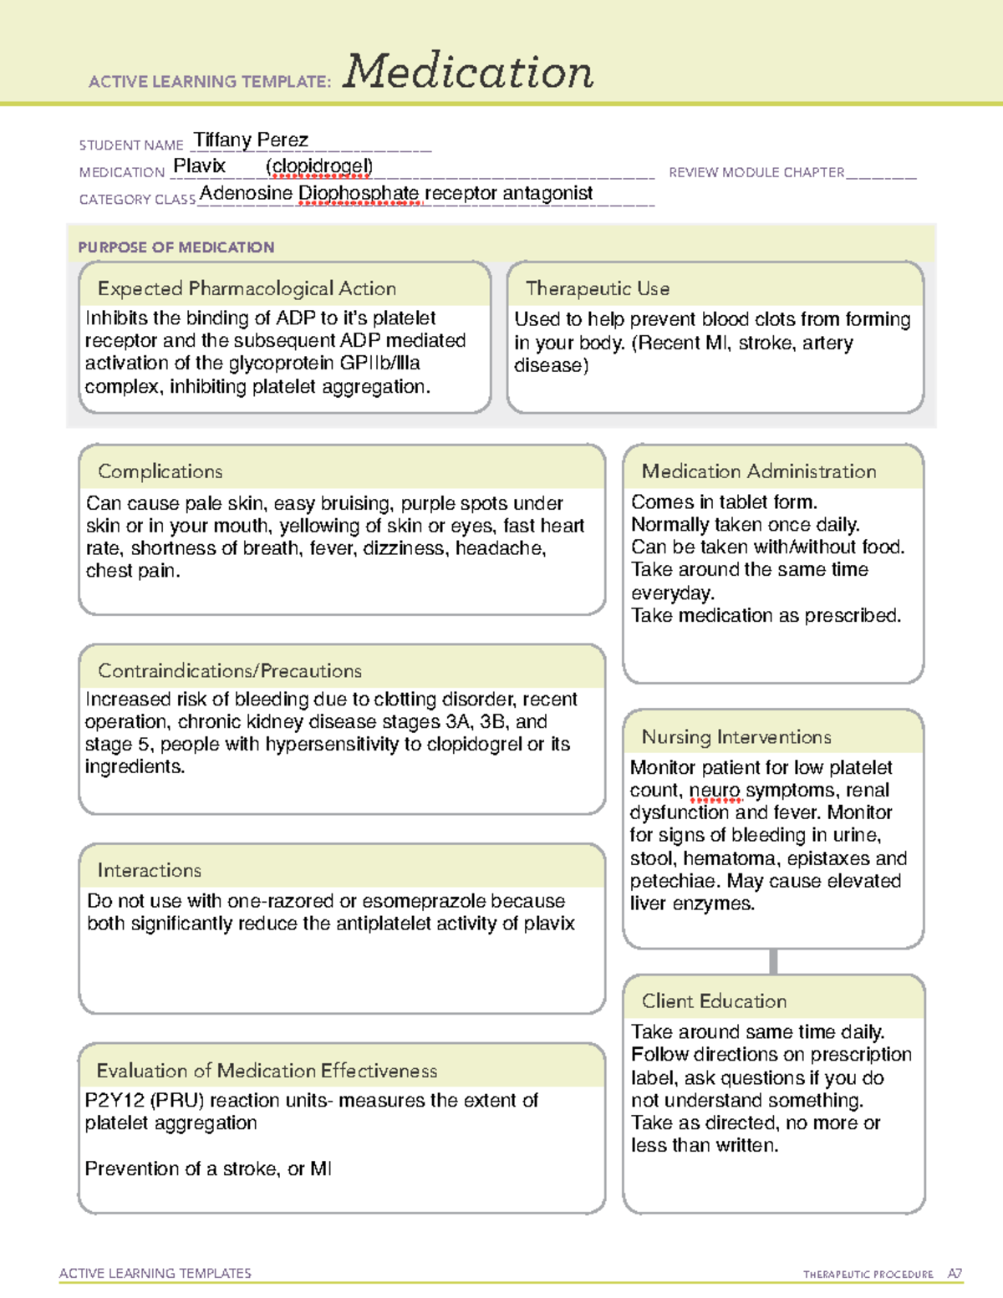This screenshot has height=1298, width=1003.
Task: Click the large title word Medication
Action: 468,72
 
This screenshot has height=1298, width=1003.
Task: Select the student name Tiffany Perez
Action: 251,140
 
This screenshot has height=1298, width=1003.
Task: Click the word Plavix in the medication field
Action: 199,166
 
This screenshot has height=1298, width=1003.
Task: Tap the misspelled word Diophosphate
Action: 359,193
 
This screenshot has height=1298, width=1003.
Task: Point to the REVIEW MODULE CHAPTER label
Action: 756,172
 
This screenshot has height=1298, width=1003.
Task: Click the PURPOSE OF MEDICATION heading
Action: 176,247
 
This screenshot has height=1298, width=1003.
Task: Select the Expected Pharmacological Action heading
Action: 247,288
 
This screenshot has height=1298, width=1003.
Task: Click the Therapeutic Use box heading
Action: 598,288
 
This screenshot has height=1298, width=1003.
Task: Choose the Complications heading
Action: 160,471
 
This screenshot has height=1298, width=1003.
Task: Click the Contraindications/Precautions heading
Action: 230,671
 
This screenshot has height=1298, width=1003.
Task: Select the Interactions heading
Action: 150,871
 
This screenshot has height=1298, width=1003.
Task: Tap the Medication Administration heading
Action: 759,471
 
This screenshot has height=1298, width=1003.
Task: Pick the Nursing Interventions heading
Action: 736,737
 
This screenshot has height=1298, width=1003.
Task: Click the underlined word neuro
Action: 715,791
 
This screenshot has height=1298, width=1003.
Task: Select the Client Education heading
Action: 715,1001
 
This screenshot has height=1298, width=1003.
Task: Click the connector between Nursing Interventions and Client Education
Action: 773,961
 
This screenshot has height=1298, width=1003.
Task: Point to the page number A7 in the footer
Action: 955,1274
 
